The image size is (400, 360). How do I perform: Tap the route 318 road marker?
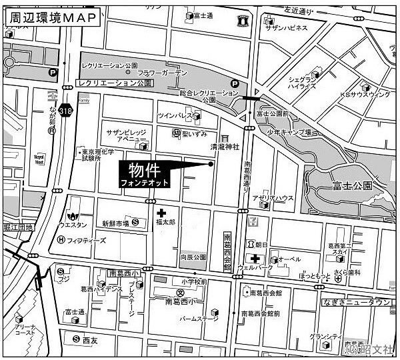(x=65, y=110)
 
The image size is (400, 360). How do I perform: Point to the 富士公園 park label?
(x=353, y=185)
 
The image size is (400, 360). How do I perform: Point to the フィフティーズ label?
(x=86, y=240)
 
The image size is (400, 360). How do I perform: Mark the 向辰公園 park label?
(x=192, y=255)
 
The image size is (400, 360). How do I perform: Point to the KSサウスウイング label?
(x=365, y=95)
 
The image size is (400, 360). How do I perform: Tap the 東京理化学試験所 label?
(x=97, y=156)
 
